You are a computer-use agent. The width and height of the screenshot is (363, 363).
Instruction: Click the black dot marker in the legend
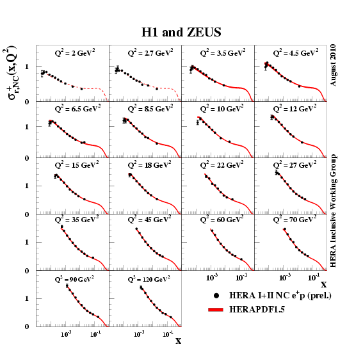(218, 296)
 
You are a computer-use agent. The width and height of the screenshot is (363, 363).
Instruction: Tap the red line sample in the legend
(218, 310)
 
